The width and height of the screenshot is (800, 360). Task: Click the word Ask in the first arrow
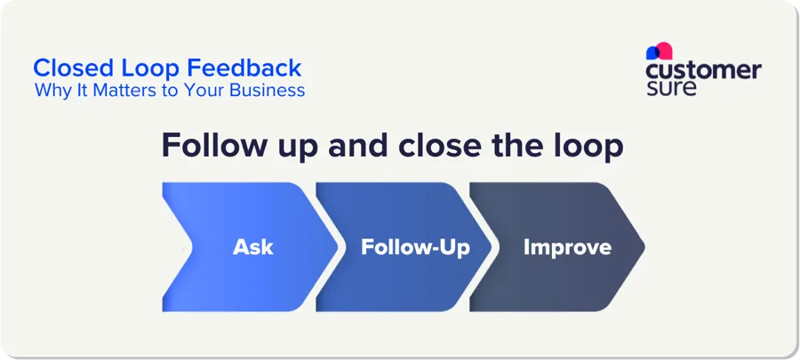[x=253, y=247]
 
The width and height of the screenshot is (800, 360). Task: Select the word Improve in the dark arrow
[x=566, y=247]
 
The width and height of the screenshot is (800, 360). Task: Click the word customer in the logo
[x=703, y=70]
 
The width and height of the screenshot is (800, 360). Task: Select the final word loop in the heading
[x=588, y=146]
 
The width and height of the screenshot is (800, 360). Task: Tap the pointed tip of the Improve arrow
[x=644, y=247]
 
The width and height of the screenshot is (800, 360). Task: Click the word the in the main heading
[x=516, y=146]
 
